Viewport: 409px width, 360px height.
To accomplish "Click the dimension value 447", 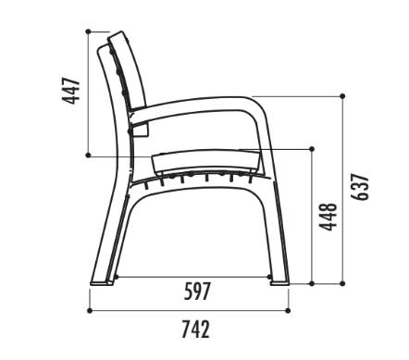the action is point(71,91).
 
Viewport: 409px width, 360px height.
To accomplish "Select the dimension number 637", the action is point(360,187).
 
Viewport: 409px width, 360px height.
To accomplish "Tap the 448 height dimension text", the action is point(328,217).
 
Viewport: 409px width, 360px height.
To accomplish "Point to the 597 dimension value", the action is point(197,292).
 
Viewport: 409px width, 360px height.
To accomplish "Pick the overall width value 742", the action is point(196,329).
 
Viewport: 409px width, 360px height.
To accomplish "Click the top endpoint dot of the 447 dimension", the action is point(88,31).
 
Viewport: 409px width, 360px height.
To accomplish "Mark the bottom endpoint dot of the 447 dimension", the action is point(88,155).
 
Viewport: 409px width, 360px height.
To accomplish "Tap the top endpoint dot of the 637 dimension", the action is point(342,96).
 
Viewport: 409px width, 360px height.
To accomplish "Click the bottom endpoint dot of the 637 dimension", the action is point(342,283).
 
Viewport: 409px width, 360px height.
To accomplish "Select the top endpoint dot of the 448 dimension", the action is point(312,149).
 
